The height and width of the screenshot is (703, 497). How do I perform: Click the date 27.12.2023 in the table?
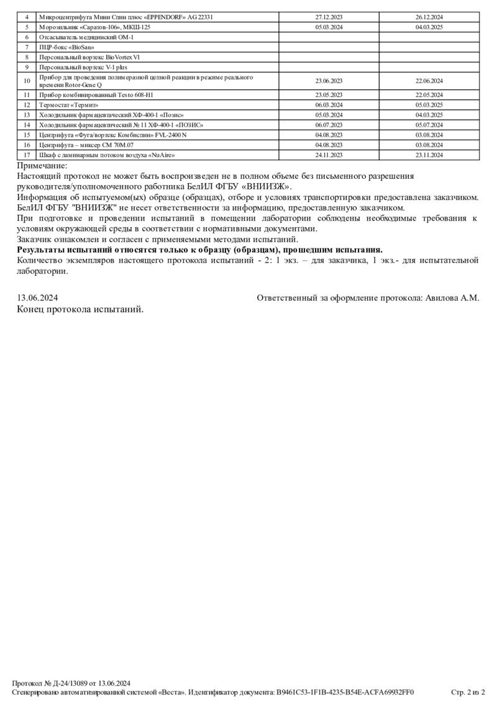point(329,17)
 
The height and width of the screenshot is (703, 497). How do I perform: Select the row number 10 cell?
point(27,81)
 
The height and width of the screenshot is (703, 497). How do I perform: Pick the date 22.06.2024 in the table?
point(429,81)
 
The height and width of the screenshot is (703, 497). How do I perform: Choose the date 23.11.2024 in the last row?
point(429,155)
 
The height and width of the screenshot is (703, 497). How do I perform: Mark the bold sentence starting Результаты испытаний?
point(199,249)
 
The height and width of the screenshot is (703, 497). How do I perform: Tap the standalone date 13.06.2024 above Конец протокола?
point(38,298)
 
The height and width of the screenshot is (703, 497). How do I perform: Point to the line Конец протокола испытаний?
point(80,309)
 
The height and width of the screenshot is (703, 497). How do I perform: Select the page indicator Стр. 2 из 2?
point(467,692)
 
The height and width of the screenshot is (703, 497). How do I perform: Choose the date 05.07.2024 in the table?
point(429,125)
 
